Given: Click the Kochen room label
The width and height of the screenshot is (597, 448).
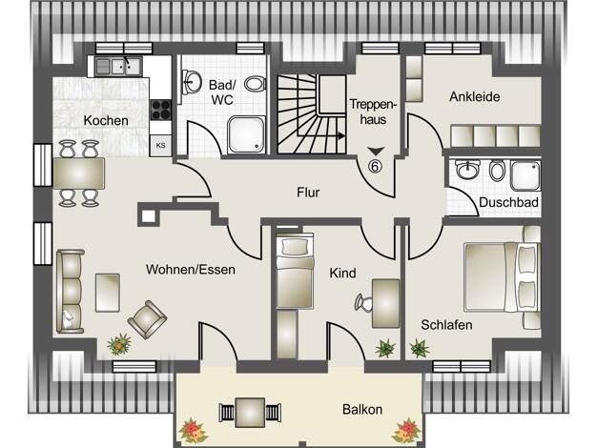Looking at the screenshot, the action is point(106,121).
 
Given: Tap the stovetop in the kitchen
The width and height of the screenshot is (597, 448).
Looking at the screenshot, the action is point(161,110).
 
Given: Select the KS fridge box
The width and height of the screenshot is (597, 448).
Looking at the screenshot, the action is point(160,146).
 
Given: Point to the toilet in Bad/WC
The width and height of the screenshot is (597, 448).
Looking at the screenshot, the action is point(255,84).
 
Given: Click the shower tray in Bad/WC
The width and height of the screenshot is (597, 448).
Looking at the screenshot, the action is point(246,135).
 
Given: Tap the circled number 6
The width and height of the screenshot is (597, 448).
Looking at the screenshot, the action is point(376,166).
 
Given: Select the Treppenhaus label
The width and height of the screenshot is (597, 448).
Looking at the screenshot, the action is point(373,112).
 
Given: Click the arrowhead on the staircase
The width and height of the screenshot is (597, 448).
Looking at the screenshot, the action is point(341,135).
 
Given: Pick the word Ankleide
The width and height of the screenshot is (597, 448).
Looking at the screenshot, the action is point(474,96).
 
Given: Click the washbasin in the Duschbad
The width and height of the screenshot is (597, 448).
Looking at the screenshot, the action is point(468,170).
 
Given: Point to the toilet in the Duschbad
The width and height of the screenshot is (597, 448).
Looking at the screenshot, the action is point(497,171).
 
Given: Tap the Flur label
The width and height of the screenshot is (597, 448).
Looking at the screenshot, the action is point(308,193).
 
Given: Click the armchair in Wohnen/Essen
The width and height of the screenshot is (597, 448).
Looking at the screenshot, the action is point(147,319).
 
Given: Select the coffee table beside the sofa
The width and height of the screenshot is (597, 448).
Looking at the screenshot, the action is point(108,293).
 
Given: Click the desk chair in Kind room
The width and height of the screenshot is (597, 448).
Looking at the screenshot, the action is point(363,303).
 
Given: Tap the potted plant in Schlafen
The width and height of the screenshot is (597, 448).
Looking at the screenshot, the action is point(420,348).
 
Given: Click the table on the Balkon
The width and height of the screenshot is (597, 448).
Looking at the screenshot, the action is point(250,413).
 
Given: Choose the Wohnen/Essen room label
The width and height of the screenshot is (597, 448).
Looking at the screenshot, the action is point(191,270).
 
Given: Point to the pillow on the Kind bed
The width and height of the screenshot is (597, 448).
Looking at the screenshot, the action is point(295,248).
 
